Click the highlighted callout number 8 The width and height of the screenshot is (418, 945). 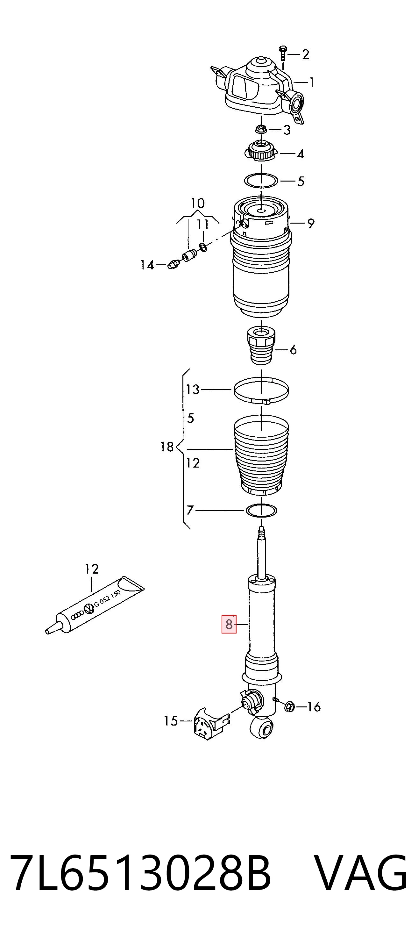(x=229, y=624)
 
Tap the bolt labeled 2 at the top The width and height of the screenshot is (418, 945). (x=282, y=54)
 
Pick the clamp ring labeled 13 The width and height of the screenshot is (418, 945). (x=261, y=390)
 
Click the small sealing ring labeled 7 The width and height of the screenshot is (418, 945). (x=261, y=510)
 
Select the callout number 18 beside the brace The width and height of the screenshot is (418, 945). (x=167, y=447)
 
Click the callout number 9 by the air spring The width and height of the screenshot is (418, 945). (x=311, y=223)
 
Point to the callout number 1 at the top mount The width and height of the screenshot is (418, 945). (x=311, y=82)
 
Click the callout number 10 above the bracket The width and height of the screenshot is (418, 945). (x=198, y=203)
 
